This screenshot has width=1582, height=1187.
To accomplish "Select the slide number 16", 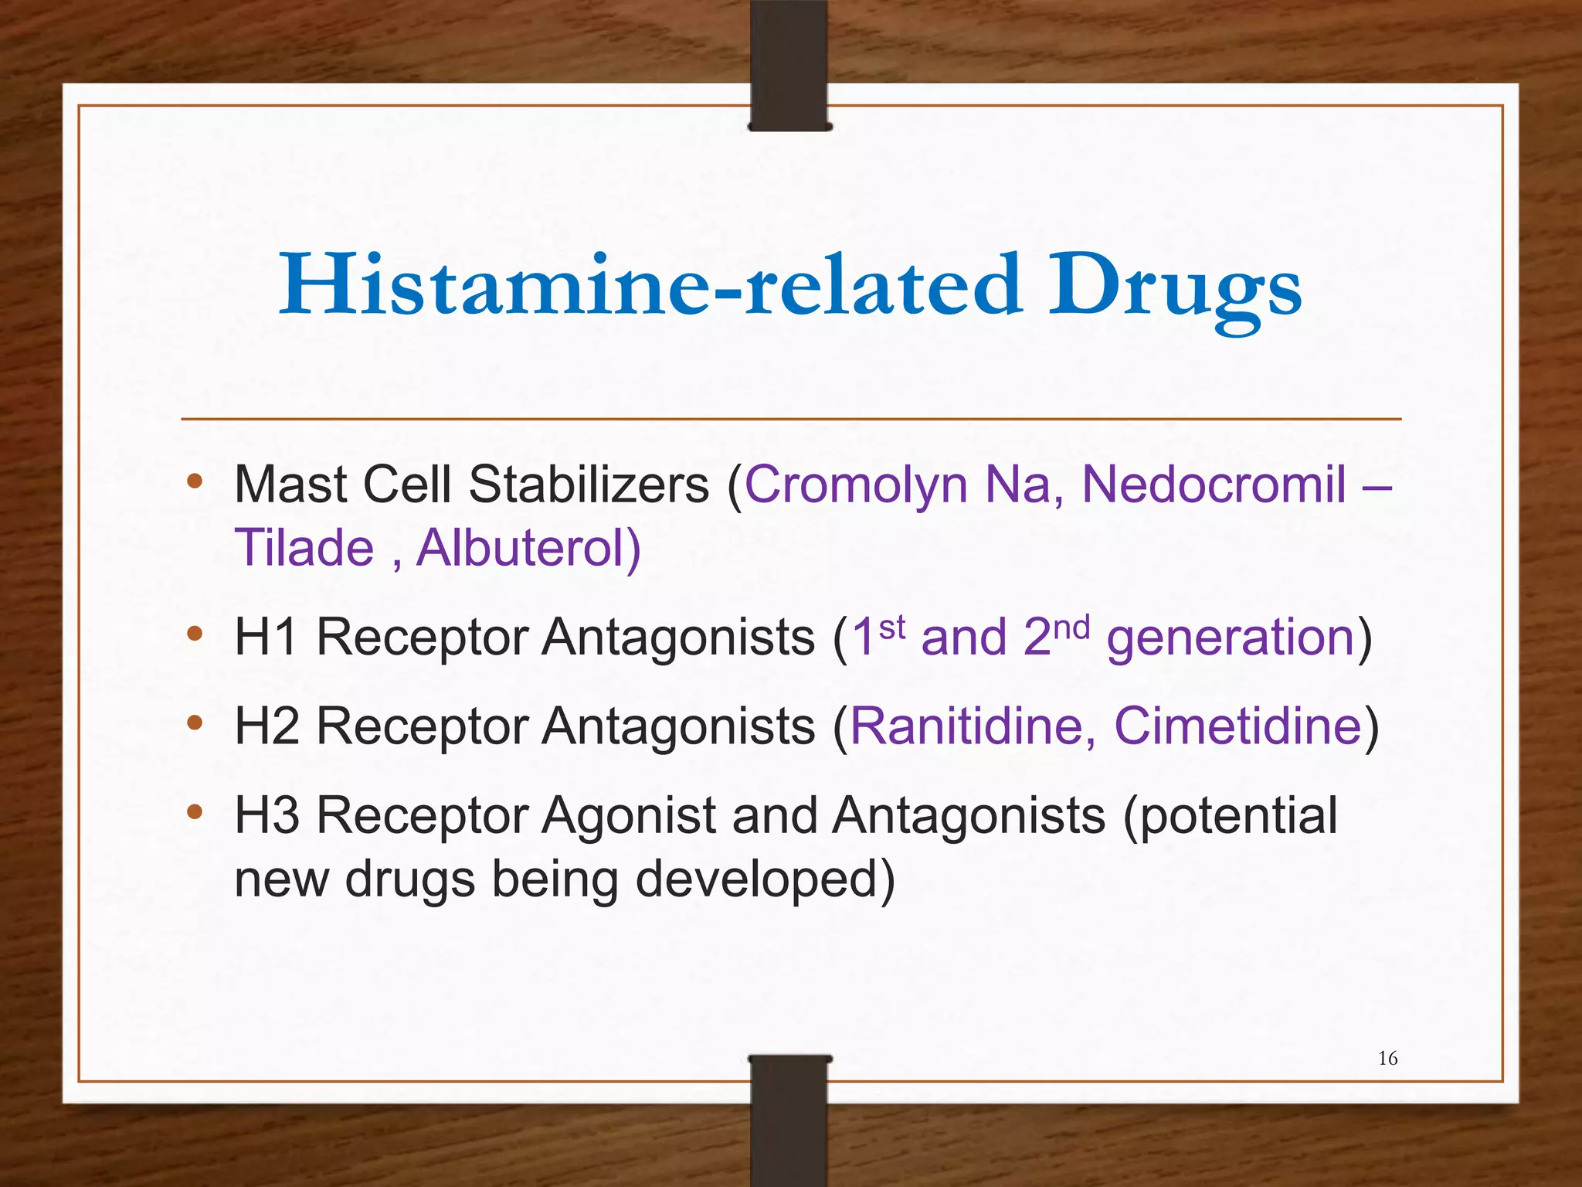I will [1387, 1058].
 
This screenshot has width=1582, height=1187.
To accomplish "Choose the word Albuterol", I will [525, 548].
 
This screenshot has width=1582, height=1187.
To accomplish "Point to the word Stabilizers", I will [589, 485].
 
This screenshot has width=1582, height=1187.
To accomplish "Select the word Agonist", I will [630, 816].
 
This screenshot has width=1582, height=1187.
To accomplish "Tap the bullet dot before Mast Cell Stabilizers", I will [195, 481].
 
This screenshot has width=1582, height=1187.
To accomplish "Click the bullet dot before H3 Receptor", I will [195, 811].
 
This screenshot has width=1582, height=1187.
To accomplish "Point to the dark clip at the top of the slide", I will [789, 66].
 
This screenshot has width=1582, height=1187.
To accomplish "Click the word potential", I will [1230, 816].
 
